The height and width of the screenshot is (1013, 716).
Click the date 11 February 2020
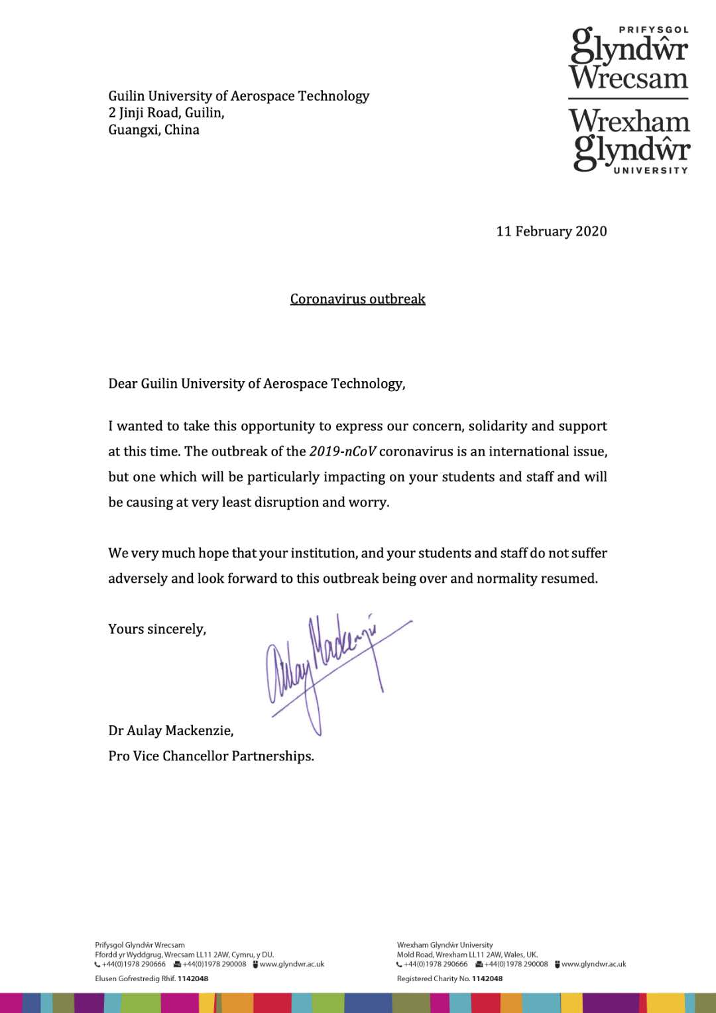click(552, 231)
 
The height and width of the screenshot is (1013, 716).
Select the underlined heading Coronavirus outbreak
click(357, 299)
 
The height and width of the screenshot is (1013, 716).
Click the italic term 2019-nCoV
click(342, 451)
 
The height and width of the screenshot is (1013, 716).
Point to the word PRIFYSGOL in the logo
click(653, 30)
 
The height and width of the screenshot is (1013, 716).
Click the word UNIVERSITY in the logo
click(650, 170)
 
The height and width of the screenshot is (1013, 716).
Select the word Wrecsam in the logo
click(628, 78)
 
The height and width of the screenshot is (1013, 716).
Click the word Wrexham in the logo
click(629, 121)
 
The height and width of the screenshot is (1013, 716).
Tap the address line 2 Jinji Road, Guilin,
click(166, 113)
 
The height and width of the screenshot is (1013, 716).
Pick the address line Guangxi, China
click(154, 130)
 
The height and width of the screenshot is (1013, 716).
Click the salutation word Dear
click(123, 384)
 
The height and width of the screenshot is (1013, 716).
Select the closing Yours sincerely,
click(157, 629)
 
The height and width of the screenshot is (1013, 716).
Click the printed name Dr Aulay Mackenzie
click(171, 731)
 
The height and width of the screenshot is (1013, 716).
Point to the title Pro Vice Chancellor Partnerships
click(211, 756)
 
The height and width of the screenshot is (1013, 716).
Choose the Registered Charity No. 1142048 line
click(449, 979)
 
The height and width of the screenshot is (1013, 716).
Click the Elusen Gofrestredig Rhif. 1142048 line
click(151, 979)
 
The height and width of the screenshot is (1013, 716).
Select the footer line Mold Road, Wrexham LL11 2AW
click(467, 955)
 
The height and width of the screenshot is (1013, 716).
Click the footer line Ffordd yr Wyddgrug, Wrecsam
click(184, 955)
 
